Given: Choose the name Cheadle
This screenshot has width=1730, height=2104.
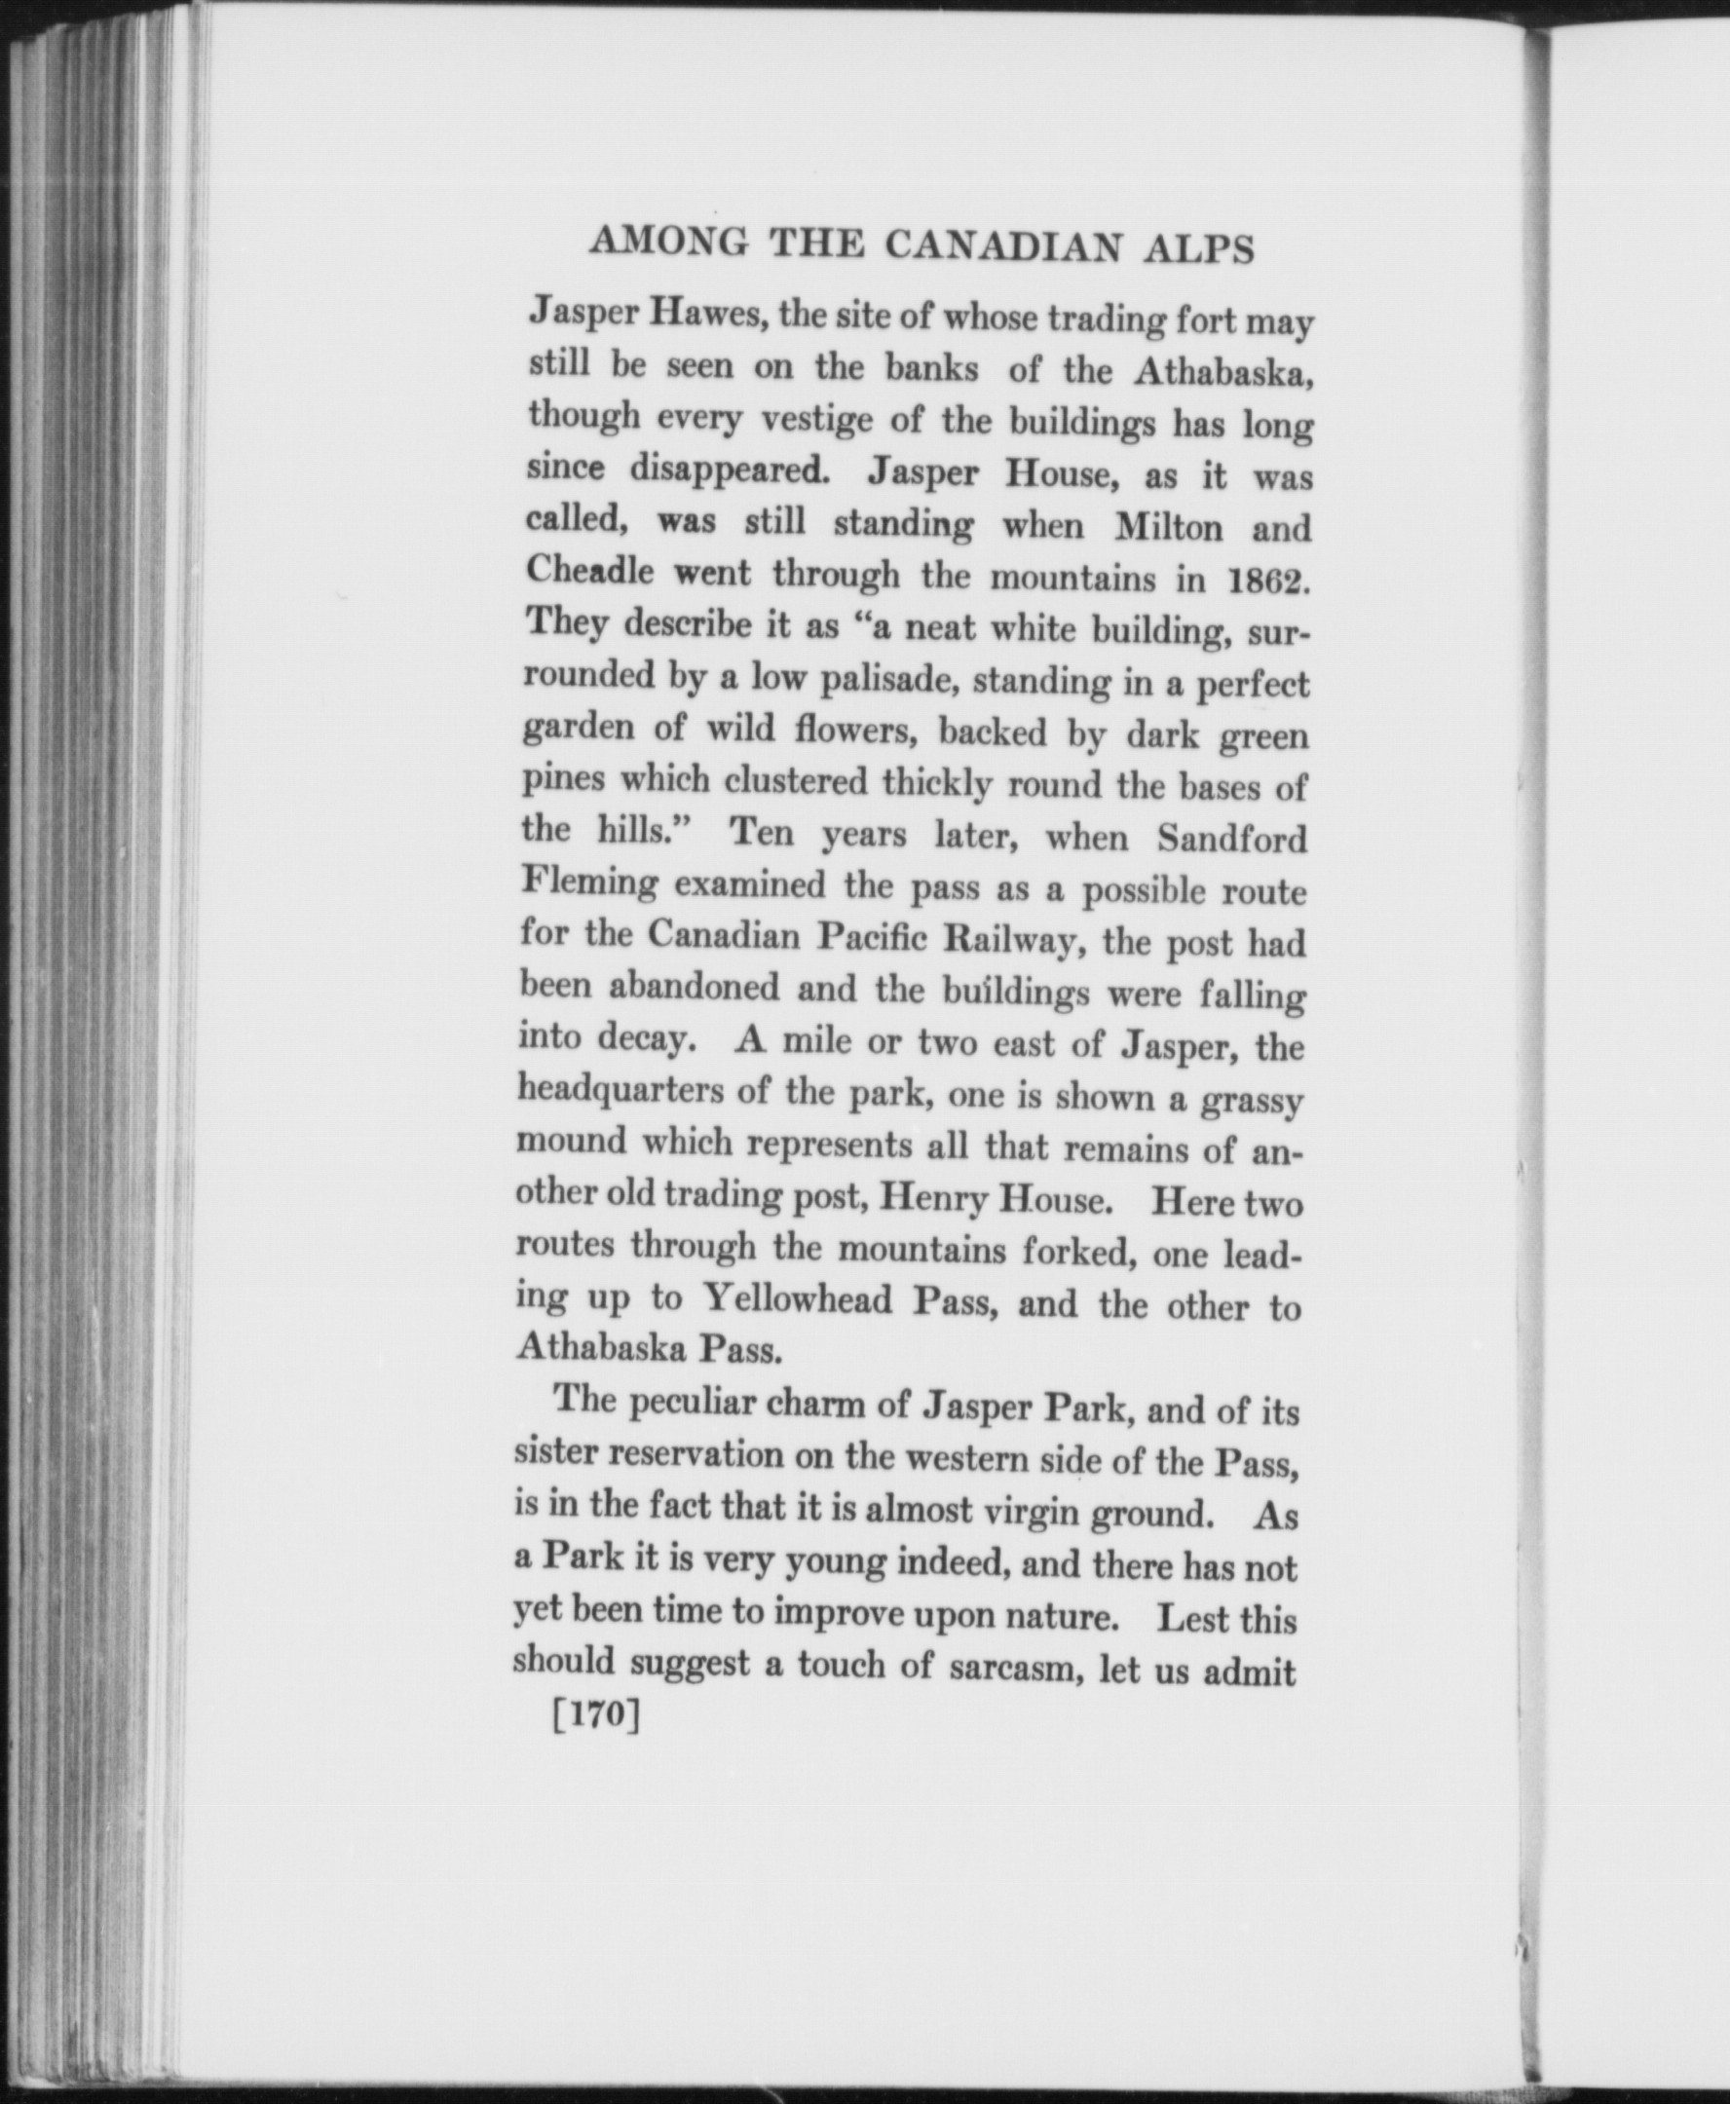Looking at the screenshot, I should click(x=590, y=571).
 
